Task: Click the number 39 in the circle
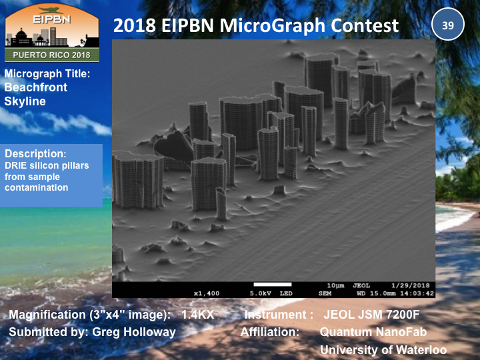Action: coord(448,25)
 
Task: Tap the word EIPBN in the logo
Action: coord(52,19)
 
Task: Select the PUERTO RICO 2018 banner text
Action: coord(51,55)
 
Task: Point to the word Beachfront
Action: coord(35,87)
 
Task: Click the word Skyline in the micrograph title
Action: coord(25,101)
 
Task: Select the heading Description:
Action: coord(35,153)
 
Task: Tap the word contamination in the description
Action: coord(37,187)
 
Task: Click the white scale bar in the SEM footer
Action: coord(273,285)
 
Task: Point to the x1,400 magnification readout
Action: coord(207,293)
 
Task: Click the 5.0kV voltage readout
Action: coord(260,293)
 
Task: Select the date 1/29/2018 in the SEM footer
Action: coord(411,285)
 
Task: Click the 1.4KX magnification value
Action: coord(198,315)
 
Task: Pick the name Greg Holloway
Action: coord(134,332)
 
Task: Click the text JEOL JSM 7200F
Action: coord(371,315)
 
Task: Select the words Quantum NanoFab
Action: coord(373,332)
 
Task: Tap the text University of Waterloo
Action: coord(383,349)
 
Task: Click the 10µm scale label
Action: coord(335,285)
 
